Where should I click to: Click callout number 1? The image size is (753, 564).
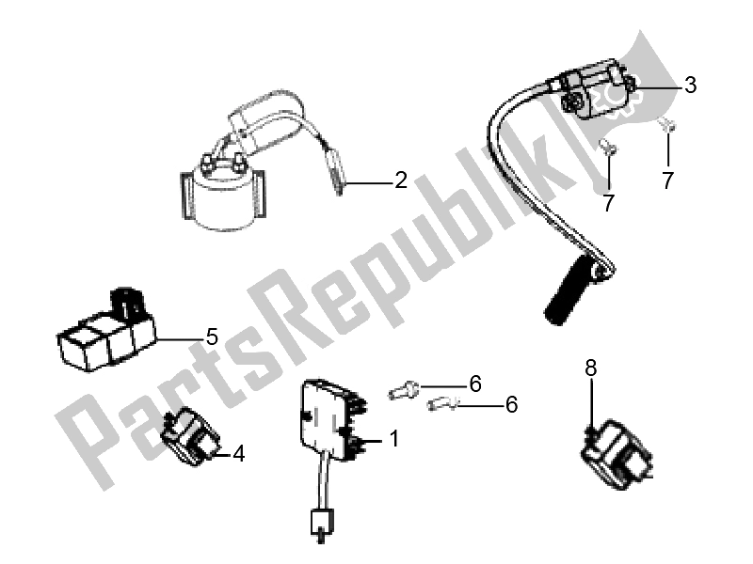pyautogui.click(x=394, y=438)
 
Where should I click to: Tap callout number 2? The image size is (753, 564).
pyautogui.click(x=401, y=180)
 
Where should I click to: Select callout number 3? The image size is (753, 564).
pyautogui.click(x=690, y=85)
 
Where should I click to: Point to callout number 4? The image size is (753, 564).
pyautogui.click(x=239, y=454)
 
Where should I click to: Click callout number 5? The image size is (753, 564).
pyautogui.click(x=212, y=337)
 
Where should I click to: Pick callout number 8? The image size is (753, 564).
pyautogui.click(x=591, y=368)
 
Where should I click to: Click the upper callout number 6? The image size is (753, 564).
pyautogui.click(x=475, y=384)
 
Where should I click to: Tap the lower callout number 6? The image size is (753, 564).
pyautogui.click(x=511, y=404)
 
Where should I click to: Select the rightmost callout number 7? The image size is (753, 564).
pyautogui.click(x=667, y=180)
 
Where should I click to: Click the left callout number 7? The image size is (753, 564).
pyautogui.click(x=608, y=203)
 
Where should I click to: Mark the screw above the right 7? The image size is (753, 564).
pyautogui.click(x=667, y=126)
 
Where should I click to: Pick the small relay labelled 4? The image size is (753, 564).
pyautogui.click(x=190, y=436)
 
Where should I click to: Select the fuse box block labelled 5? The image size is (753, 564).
pyautogui.click(x=106, y=332)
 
